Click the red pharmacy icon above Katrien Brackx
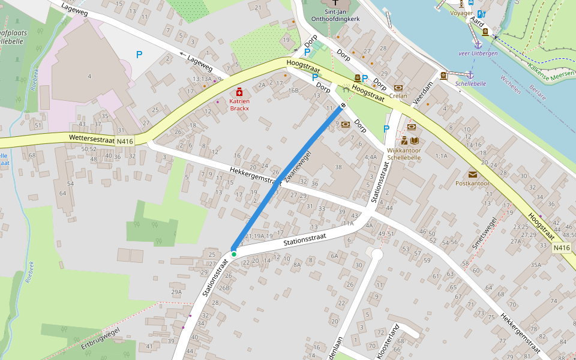click(x=239, y=92)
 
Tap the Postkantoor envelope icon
click(x=473, y=174)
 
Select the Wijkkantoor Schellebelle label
click(x=403, y=154)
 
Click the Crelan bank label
click(x=398, y=95)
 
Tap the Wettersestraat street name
click(x=91, y=138)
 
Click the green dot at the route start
click(x=234, y=254)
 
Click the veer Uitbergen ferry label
click(x=478, y=54)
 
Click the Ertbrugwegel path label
click(x=100, y=339)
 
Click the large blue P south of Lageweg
click(x=139, y=55)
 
